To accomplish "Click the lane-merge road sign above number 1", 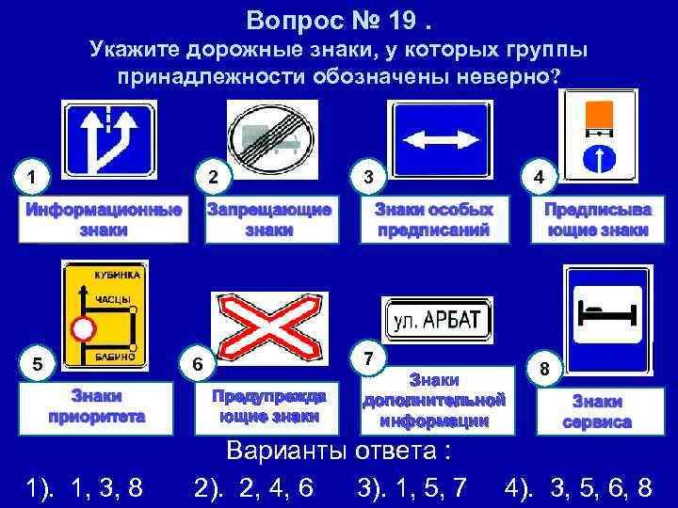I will click(105, 140).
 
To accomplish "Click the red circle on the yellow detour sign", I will click(86, 328).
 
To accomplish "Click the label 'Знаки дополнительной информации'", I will click(435, 401).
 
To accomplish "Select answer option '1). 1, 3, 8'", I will click(85, 486).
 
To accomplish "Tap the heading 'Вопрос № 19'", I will click(337, 19).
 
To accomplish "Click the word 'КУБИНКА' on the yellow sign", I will click(118, 276).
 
